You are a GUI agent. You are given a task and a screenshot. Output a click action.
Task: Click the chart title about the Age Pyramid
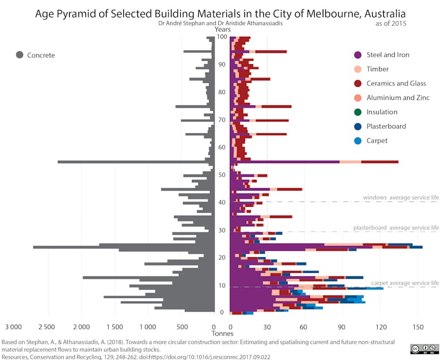point(220,13)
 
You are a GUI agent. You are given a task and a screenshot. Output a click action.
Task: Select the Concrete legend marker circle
point(20,55)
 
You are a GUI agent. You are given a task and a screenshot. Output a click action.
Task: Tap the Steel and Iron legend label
point(388,55)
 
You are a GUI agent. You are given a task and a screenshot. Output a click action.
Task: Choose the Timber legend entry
point(378,69)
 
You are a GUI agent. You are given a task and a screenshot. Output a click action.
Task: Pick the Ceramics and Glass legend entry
point(396,83)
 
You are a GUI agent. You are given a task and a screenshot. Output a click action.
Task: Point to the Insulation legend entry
point(382,112)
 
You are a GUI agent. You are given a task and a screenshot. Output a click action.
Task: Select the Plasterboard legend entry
point(386,126)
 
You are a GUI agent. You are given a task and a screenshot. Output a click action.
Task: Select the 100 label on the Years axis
point(222,37)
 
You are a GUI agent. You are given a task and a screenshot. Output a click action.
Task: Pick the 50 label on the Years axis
point(222,175)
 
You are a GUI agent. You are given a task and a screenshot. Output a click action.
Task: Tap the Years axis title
point(222,29)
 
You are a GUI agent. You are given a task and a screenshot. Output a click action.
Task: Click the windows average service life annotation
point(401,198)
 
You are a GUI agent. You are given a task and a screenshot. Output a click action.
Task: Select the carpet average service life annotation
point(405,283)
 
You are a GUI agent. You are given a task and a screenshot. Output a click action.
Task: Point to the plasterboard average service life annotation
point(396,227)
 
